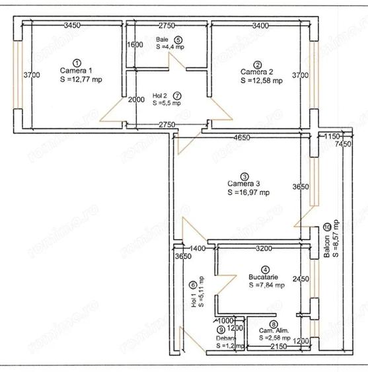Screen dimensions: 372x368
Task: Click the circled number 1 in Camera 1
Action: point(77,61)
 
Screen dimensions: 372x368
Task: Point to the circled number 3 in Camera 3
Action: point(245,177)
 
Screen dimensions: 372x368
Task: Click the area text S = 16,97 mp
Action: point(248,193)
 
